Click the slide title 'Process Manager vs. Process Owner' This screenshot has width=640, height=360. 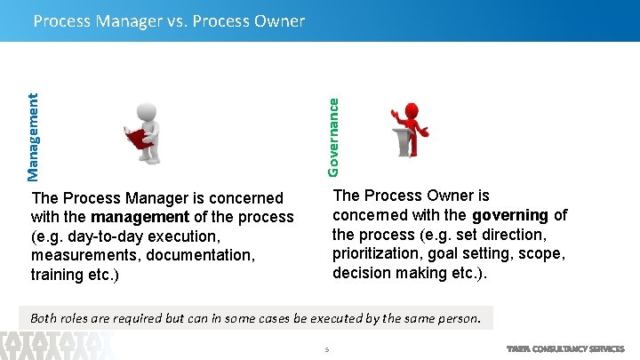pos(169,20)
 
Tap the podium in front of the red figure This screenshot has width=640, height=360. pos(404,141)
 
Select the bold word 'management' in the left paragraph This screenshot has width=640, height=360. pos(140,217)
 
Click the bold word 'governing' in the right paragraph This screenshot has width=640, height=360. pos(510,215)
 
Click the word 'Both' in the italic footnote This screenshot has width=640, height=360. pos(46,317)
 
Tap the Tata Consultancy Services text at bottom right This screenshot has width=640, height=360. pos(565,349)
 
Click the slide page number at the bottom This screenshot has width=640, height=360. pos(327,349)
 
